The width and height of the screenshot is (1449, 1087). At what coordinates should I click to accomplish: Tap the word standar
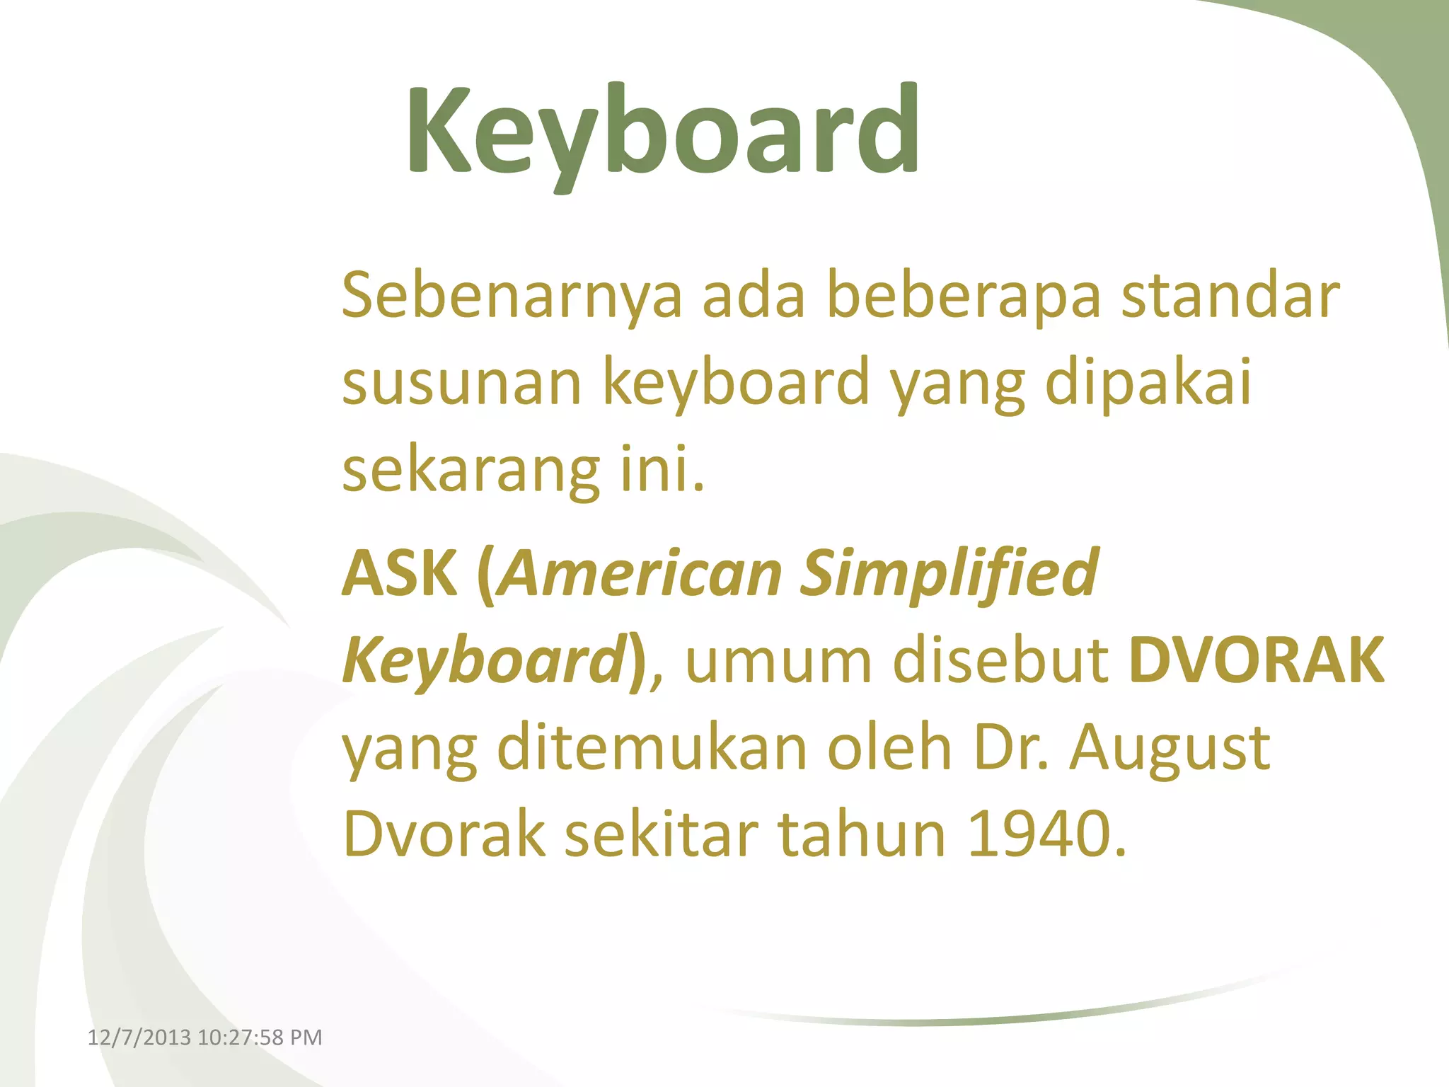(1230, 296)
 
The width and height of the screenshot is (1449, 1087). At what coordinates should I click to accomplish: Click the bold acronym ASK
(400, 573)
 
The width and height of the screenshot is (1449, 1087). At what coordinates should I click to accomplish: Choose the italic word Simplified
(949, 573)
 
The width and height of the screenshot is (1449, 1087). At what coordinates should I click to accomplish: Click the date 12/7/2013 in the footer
(139, 1037)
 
